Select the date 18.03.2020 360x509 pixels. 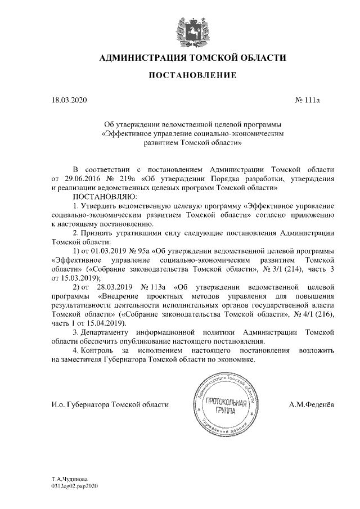click(x=69, y=101)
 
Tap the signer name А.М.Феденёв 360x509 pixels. click(x=311, y=404)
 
